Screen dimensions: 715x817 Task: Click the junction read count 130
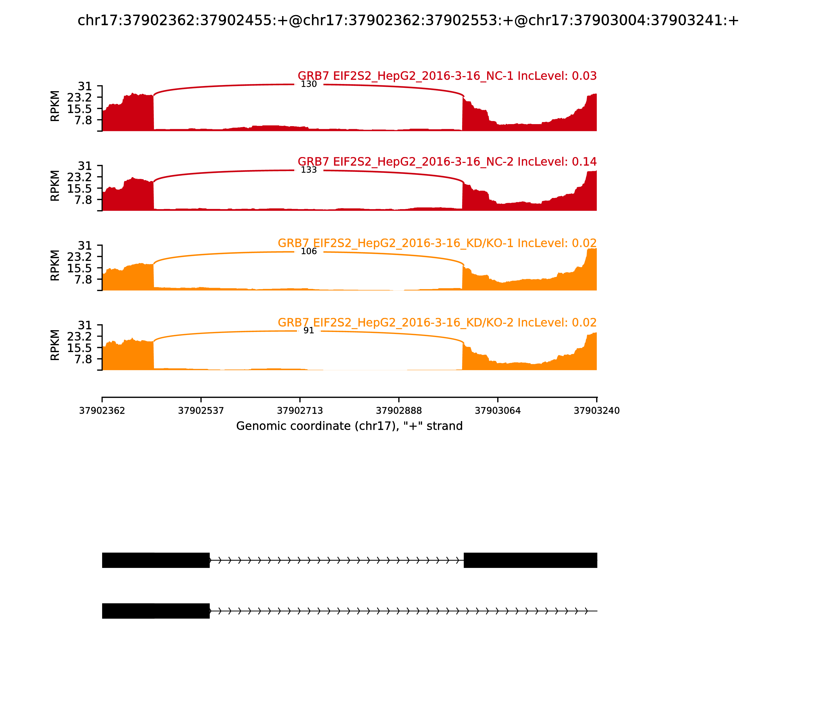click(x=308, y=84)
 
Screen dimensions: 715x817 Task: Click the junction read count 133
click(x=308, y=170)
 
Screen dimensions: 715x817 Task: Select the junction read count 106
click(x=308, y=251)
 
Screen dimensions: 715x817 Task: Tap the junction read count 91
click(x=308, y=331)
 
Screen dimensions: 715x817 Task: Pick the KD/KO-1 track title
click(x=437, y=243)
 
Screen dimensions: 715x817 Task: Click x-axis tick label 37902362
click(x=102, y=411)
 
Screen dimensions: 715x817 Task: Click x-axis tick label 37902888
click(x=399, y=411)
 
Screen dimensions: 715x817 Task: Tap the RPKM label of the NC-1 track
click(x=55, y=106)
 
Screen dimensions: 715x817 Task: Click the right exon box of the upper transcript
click(x=530, y=560)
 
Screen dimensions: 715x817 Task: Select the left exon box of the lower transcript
click(x=155, y=611)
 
